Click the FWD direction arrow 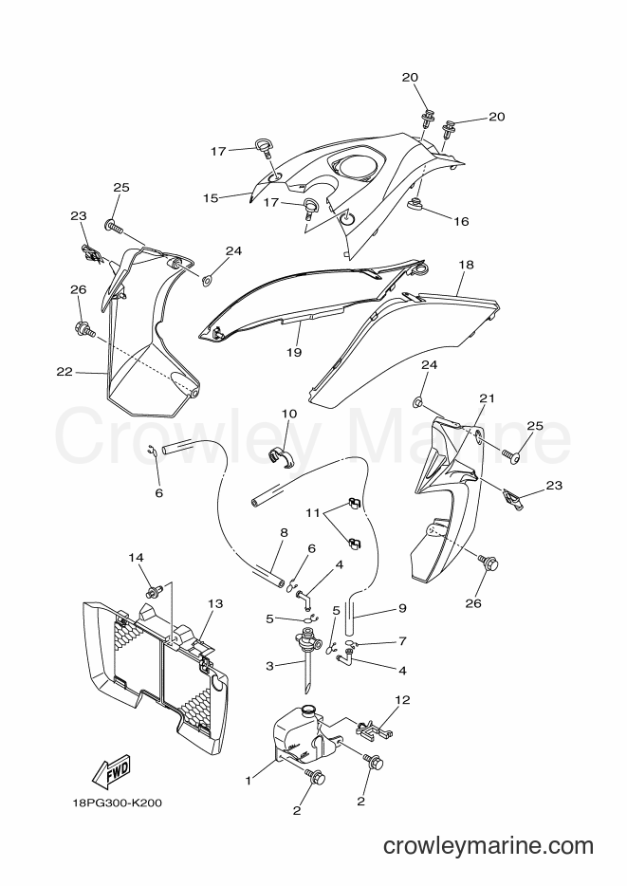[x=111, y=772]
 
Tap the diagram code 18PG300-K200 [x=117, y=803]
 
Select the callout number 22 [x=65, y=371]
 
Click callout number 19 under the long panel [x=294, y=352]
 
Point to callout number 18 [x=466, y=265]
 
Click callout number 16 [x=462, y=221]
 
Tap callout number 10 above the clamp [x=289, y=414]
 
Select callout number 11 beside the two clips [x=313, y=513]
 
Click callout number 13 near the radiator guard [x=215, y=603]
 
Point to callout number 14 [x=136, y=557]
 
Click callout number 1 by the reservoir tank [x=248, y=781]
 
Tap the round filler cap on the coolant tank [x=308, y=710]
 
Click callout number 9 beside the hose [x=402, y=609]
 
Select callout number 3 [x=269, y=666]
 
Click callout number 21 [x=487, y=398]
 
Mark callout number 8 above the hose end [x=284, y=532]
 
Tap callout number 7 [x=402, y=640]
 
